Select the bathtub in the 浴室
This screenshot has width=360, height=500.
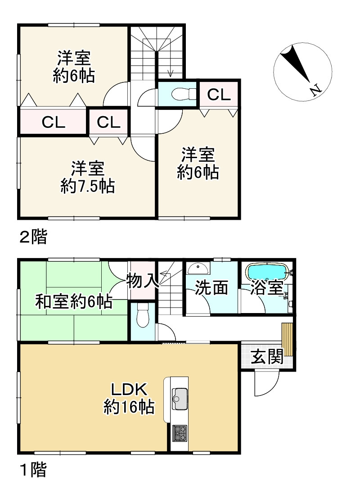click(x=267, y=273)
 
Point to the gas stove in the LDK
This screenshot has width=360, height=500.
click(x=180, y=433)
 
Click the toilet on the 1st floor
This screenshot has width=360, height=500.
click(x=143, y=315)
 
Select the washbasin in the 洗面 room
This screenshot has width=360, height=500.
click(x=198, y=269)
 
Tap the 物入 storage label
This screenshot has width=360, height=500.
click(x=142, y=282)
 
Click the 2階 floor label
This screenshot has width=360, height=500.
click(x=33, y=237)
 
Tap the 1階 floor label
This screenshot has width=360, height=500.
click(x=33, y=471)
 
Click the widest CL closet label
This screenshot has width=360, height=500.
click(x=54, y=122)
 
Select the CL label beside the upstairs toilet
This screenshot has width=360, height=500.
click(x=219, y=95)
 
